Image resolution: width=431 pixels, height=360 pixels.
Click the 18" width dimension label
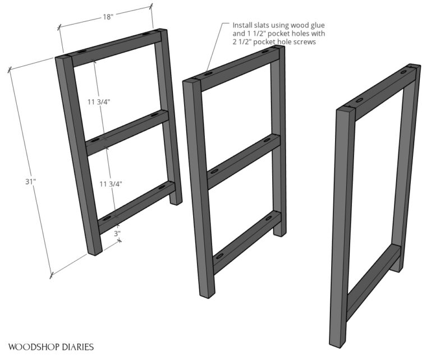pos(108,17)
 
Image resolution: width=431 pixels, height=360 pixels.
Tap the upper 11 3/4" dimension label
pos(99,101)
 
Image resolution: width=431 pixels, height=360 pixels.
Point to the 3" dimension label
pos(117,234)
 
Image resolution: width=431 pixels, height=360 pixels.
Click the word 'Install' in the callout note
pos(244,25)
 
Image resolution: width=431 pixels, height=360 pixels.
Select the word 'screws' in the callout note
pos(308,42)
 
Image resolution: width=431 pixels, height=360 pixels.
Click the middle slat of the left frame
pos(128,132)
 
